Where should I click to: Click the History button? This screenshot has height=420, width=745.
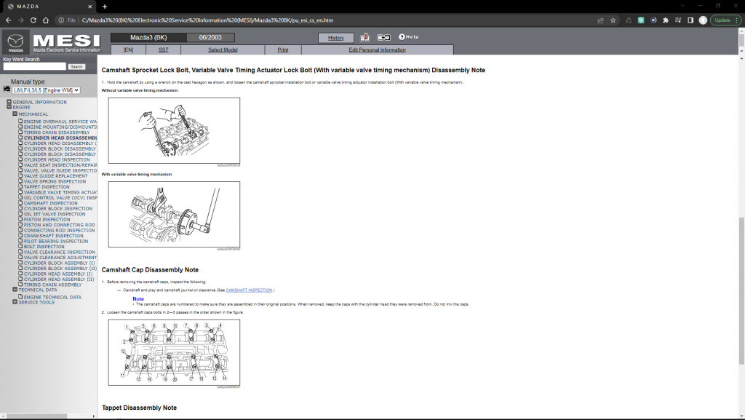(x=335, y=37)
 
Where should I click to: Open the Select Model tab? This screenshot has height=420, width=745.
(x=223, y=49)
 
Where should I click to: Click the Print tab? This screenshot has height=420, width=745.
(x=282, y=49)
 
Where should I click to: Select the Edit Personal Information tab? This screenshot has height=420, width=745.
(x=377, y=49)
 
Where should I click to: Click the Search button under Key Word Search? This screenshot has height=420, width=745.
(x=76, y=66)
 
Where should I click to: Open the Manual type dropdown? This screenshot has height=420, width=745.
(x=46, y=90)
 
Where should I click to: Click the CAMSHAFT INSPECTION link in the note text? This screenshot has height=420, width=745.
(x=250, y=290)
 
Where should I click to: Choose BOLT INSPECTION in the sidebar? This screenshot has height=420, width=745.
(x=44, y=247)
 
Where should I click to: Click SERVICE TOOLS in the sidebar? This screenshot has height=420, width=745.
(x=36, y=302)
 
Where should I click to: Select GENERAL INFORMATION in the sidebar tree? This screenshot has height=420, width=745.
(x=39, y=102)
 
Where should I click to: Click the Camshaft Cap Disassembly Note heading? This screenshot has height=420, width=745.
(x=150, y=270)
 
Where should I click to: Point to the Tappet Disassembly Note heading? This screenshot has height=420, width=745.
(x=139, y=408)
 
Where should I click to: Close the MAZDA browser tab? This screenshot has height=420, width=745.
(x=91, y=6)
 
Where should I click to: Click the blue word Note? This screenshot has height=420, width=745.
(x=138, y=298)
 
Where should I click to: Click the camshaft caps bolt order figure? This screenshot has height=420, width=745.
(x=174, y=352)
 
